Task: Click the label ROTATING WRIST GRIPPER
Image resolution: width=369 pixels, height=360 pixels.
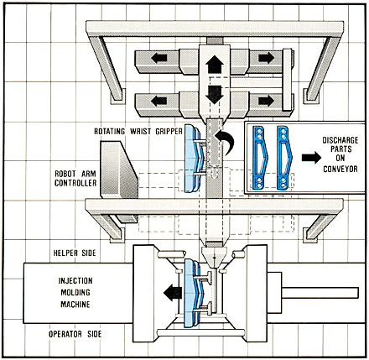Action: [x=138, y=131]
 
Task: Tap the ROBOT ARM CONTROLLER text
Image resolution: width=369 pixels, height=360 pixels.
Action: [x=75, y=179]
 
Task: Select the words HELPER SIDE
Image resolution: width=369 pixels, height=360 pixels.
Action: [x=75, y=253]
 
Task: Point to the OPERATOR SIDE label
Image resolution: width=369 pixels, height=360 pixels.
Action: [x=75, y=334]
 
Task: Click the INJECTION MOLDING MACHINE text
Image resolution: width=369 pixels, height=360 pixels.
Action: [x=75, y=292]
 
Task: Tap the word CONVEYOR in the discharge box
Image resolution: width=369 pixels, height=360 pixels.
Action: [x=340, y=169]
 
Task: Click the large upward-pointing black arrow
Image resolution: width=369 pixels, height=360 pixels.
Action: [x=215, y=64]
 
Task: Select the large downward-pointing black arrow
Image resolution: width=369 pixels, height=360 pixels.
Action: [x=215, y=95]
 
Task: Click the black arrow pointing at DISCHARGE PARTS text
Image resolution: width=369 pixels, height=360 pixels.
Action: [x=311, y=158]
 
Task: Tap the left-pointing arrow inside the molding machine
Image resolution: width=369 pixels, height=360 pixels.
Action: [x=173, y=293]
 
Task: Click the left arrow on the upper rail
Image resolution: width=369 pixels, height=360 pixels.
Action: [x=159, y=58]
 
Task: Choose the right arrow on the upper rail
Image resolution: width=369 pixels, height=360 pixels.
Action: [x=266, y=58]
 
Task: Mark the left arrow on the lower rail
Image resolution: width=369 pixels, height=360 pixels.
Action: [x=159, y=101]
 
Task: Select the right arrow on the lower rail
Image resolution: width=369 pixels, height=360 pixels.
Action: [x=266, y=101]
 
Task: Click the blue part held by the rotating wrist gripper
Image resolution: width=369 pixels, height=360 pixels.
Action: [x=193, y=158]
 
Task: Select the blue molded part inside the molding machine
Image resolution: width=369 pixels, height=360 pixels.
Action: [x=193, y=293]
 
